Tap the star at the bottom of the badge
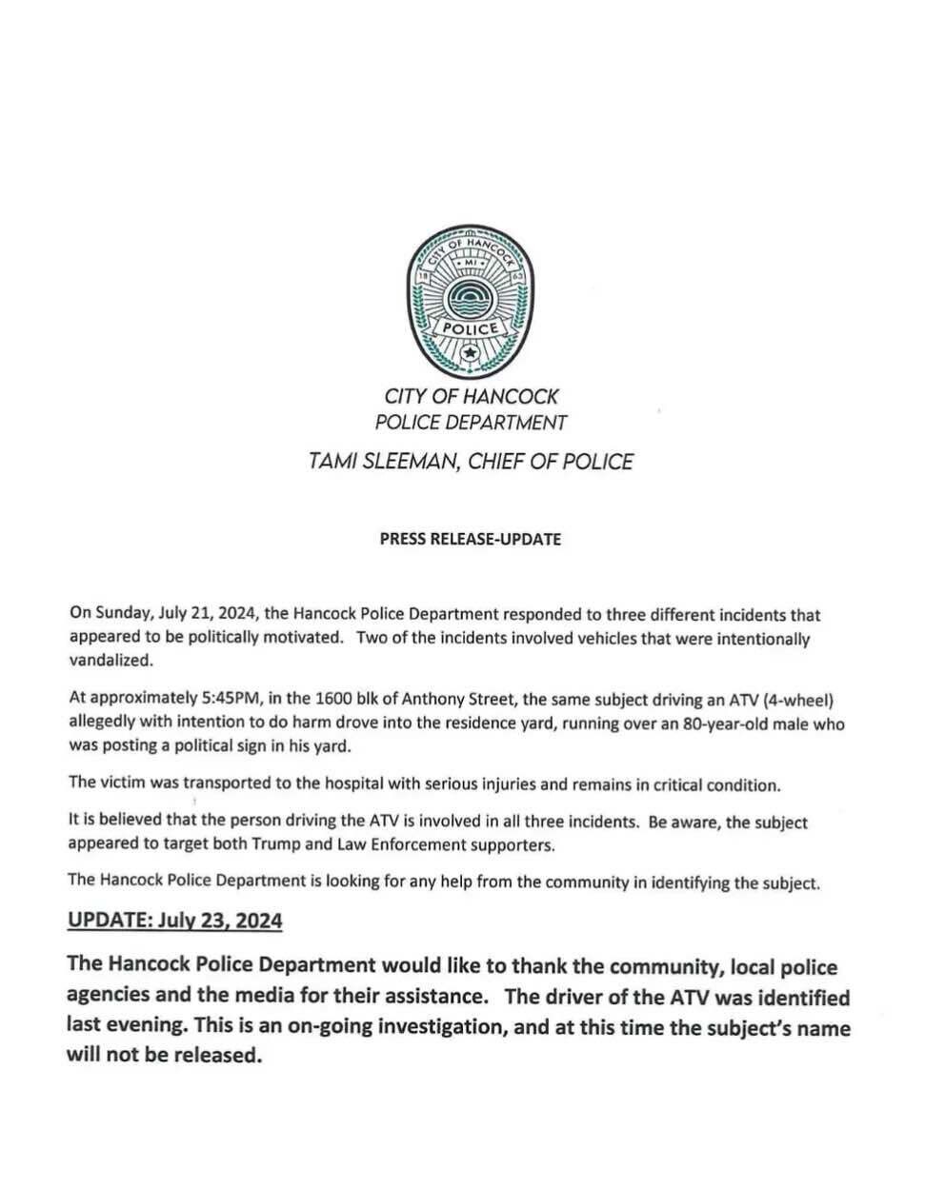click(469, 355)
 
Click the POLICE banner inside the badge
click(469, 327)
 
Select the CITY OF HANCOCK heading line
click(471, 395)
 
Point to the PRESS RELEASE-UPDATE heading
click(471, 539)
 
